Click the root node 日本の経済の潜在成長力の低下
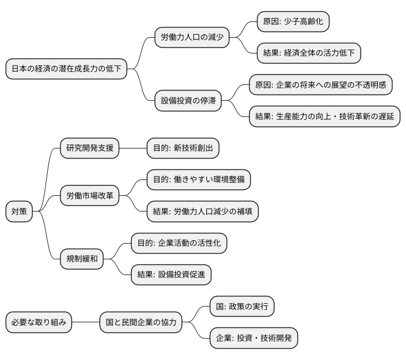point(66,70)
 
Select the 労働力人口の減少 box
point(192,38)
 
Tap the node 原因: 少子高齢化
point(292,22)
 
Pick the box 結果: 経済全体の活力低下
point(308,53)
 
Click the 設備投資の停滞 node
point(188,101)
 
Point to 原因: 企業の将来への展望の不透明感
point(321,85)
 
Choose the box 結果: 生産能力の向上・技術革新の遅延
point(324,117)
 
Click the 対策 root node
point(19,211)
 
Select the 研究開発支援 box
point(90,148)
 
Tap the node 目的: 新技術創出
point(182,148)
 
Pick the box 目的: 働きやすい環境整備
point(198,180)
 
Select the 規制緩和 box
point(82,259)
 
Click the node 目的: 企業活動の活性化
point(179,243)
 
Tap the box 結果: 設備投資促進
point(171,274)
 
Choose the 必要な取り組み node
point(39,322)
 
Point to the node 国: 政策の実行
point(242,307)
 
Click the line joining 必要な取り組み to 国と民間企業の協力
point(85,322)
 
